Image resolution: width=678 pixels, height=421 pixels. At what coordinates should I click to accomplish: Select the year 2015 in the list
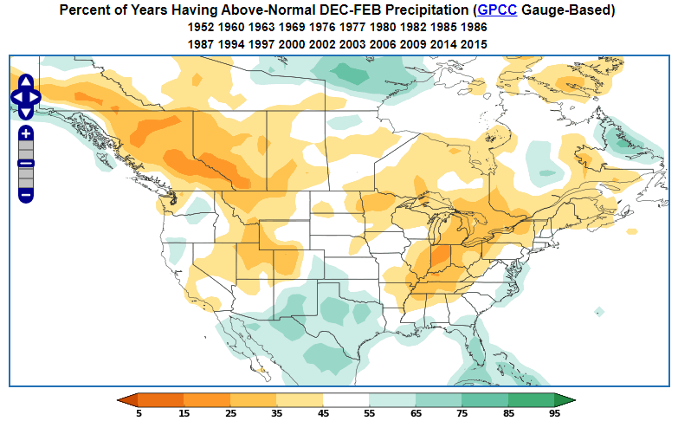coord(474,43)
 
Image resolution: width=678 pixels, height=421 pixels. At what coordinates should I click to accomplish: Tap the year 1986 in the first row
coord(474,28)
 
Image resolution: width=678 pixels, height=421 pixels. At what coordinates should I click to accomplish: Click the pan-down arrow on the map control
coord(26,112)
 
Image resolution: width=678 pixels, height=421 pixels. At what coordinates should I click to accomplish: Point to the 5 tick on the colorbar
coord(139,413)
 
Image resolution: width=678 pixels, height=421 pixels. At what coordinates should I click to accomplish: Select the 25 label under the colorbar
coord(230,413)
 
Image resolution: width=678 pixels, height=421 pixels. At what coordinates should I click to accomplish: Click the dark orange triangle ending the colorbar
coord(128,399)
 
